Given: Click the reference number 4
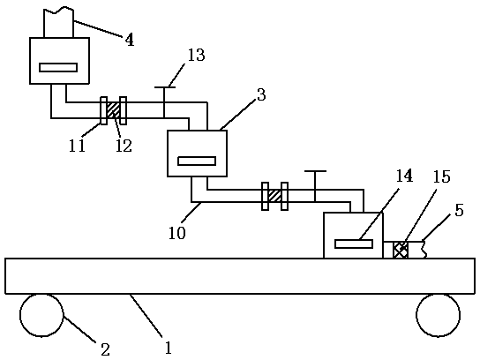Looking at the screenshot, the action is [130, 40].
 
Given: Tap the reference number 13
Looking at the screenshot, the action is [196, 55].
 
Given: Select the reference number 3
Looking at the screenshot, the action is [261, 94].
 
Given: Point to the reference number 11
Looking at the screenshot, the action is [77, 146].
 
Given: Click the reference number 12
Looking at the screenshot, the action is [124, 146].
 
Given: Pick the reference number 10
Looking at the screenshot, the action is [177, 233].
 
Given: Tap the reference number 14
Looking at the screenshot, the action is [404, 176].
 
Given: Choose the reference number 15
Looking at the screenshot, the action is [441, 176].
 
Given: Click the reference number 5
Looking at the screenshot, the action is [459, 210].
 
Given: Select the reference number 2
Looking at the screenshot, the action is [105, 349].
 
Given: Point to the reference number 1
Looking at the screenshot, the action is [168, 348].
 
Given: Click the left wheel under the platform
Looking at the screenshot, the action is [41, 315].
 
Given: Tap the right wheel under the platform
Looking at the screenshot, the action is [438, 315].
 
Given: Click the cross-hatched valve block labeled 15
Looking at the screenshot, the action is [401, 250].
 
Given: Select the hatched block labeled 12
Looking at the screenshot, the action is [113, 110].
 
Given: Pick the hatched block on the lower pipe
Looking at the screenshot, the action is [274, 196].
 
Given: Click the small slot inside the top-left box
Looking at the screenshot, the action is [58, 67].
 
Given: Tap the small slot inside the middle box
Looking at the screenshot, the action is [197, 161].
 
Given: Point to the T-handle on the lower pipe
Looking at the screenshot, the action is [315, 186].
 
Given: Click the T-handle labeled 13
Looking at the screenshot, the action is [164, 102].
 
